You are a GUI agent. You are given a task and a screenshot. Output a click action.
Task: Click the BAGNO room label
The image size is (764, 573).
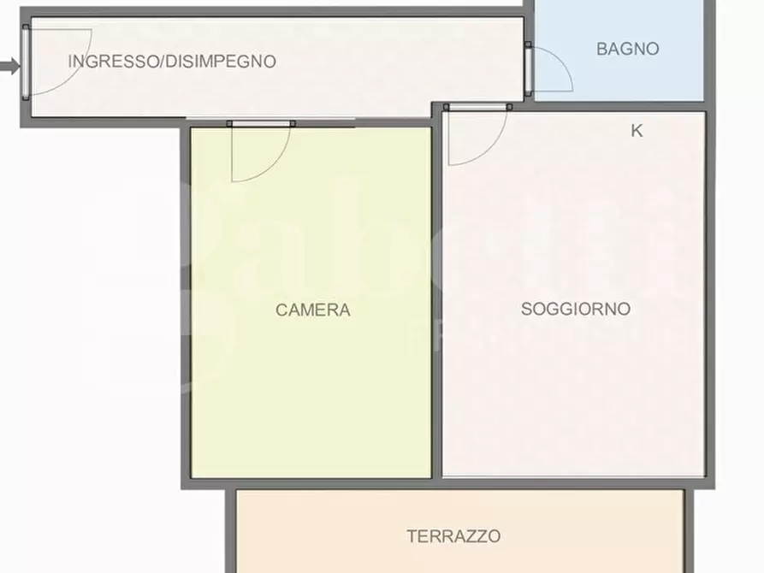(627, 49)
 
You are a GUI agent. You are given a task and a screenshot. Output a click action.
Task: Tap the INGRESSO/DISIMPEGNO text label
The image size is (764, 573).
(172, 62)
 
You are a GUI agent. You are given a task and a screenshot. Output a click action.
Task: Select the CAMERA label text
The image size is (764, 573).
(312, 310)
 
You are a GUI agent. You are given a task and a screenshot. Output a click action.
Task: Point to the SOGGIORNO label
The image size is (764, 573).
(575, 309)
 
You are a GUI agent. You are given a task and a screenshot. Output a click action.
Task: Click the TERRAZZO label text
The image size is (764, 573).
(453, 536)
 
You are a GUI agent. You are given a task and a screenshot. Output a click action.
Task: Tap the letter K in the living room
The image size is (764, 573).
(636, 131)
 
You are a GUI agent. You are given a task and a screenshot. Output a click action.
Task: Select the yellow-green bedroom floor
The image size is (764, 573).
(308, 385)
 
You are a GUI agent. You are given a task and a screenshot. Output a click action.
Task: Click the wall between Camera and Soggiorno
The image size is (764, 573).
(436, 299)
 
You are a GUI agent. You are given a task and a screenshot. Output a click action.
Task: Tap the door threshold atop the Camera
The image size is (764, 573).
(261, 124)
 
